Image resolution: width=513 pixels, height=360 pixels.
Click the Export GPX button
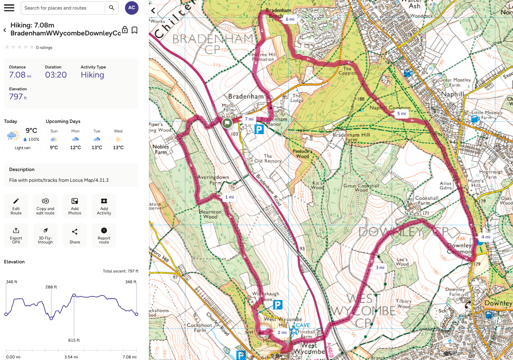click(x=16, y=235)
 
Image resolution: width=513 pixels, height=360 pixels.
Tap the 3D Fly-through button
click(x=45, y=235)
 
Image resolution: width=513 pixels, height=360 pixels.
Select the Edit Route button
click(x=16, y=205)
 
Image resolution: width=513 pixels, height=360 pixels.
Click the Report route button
click(x=104, y=235)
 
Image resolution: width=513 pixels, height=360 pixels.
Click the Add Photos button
click(x=74, y=205)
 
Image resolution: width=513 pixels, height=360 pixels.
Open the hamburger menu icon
click(x=9, y=8)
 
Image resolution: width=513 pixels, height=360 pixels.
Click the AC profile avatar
click(x=132, y=8)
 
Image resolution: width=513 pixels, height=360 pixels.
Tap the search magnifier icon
click(x=111, y=8)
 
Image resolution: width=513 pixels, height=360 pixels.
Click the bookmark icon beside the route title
click(x=135, y=30)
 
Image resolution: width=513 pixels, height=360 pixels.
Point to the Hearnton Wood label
click(x=208, y=214)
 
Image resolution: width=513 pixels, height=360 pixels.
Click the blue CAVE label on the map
click(x=302, y=325)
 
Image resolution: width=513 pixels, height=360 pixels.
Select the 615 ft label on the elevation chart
click(x=74, y=340)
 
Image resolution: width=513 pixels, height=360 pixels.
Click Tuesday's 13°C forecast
click(x=97, y=148)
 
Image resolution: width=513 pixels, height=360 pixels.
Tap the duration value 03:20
click(x=56, y=75)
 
